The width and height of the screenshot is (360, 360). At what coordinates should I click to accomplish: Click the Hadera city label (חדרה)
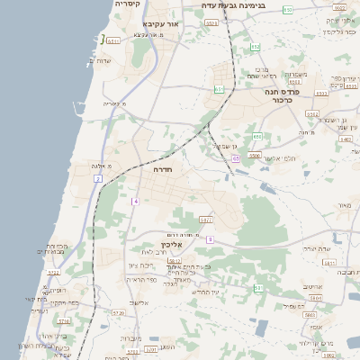(x=162, y=169)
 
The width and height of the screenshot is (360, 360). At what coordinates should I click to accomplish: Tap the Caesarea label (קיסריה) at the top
(x=127, y=4)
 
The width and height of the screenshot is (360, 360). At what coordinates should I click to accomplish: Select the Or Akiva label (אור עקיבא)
(x=162, y=23)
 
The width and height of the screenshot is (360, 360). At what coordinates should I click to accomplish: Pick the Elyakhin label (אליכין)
(x=172, y=245)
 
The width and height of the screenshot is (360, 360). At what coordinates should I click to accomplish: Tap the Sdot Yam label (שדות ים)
(x=100, y=61)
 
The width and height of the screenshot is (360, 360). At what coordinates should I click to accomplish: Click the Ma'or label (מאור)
(x=344, y=206)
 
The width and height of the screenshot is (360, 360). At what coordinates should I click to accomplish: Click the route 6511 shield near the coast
(x=113, y=40)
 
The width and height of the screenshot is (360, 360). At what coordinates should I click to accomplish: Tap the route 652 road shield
(x=256, y=47)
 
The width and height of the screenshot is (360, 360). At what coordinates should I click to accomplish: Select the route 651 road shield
(x=220, y=90)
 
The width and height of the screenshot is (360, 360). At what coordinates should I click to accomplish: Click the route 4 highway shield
(x=135, y=201)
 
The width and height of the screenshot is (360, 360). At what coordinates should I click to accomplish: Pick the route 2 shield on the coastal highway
(x=97, y=179)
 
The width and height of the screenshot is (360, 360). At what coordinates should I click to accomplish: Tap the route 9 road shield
(x=210, y=239)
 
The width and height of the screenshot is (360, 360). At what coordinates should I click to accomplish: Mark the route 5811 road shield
(x=328, y=263)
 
